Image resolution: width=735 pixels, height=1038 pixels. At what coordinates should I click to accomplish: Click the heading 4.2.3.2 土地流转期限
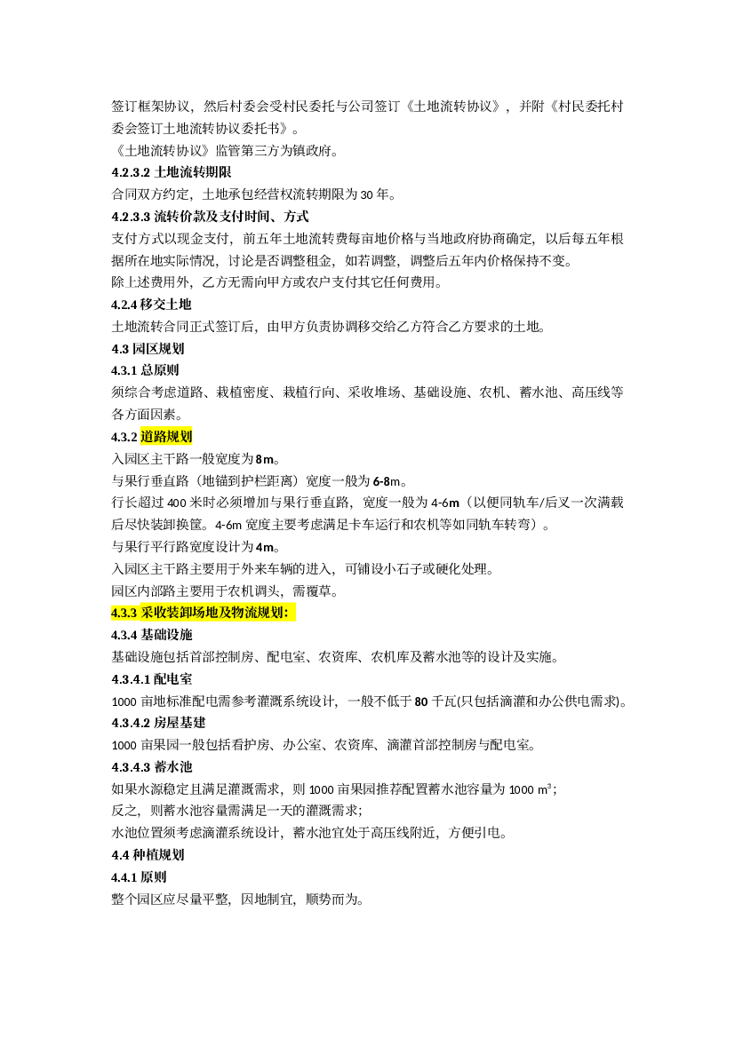(171, 173)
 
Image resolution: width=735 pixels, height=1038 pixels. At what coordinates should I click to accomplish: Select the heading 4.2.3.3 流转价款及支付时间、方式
(210, 217)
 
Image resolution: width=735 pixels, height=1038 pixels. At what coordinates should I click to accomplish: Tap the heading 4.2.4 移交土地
(151, 305)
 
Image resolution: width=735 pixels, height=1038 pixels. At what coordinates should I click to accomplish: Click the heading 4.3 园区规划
(148, 349)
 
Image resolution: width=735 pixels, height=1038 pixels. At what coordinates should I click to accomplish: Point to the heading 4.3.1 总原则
(145, 371)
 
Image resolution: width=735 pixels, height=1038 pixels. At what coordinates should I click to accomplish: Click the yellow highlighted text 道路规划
(166, 437)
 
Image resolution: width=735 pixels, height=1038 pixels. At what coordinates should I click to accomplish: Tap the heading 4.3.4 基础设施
(152, 635)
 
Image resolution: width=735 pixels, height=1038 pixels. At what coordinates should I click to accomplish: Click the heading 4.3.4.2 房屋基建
(158, 723)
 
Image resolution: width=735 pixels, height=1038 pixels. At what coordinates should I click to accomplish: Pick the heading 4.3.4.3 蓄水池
(152, 767)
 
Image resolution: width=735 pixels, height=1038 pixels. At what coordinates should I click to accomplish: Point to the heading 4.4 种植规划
(148, 855)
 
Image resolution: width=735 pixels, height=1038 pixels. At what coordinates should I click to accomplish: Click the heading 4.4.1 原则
(139, 877)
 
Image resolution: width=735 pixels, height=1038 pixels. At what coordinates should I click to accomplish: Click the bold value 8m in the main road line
(265, 459)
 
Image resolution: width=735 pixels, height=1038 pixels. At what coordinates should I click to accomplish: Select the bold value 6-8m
(387, 481)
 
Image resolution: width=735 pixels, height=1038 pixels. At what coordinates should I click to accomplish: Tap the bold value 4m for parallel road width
(265, 548)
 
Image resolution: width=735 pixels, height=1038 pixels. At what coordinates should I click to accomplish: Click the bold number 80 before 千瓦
(421, 701)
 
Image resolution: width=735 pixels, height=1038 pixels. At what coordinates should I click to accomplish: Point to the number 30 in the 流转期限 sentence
(367, 194)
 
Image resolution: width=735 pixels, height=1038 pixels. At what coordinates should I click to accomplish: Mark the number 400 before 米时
(177, 503)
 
